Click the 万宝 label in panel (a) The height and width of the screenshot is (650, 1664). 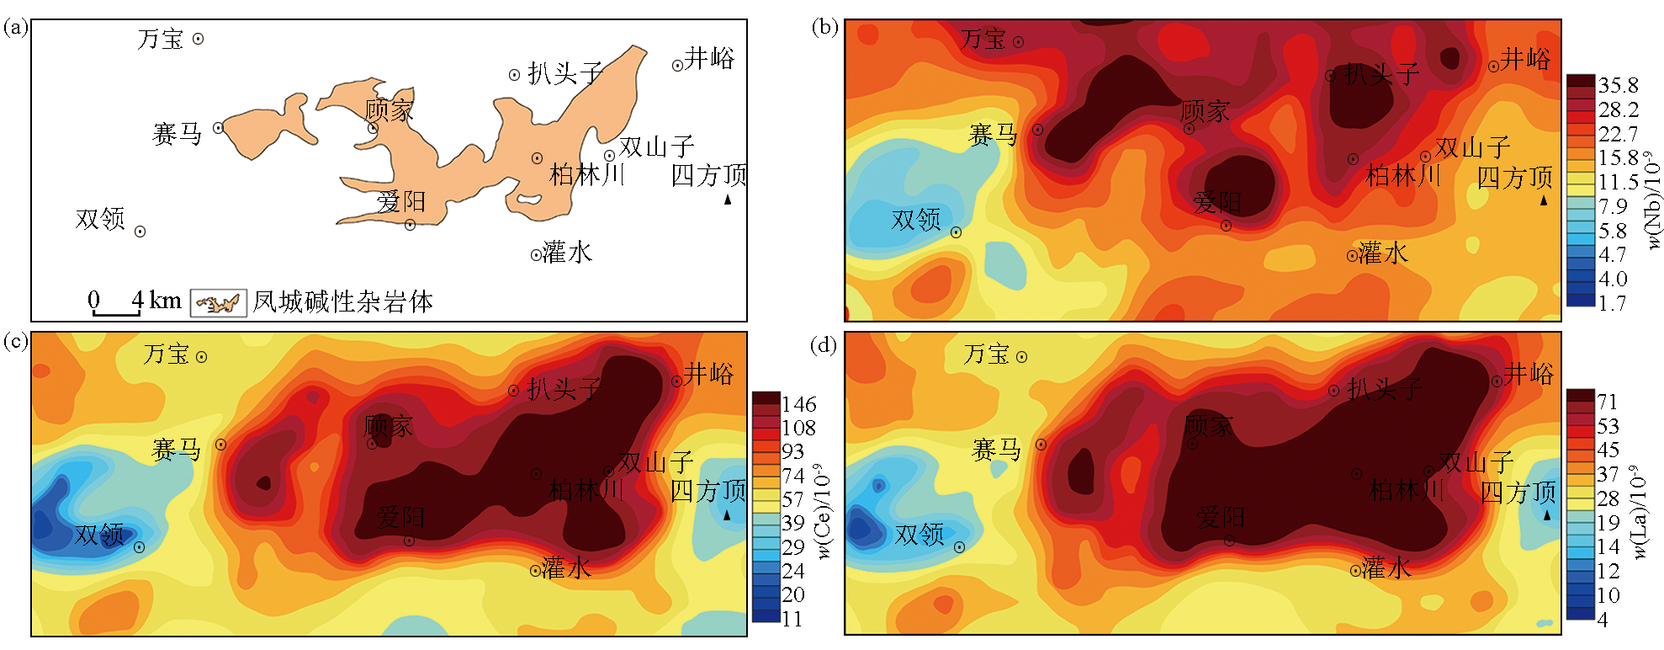[x=160, y=39]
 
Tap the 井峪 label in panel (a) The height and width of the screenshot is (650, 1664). [x=709, y=58]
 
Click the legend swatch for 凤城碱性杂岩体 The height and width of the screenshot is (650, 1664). [x=219, y=303]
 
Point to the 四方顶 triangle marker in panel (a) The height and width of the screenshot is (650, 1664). [x=728, y=200]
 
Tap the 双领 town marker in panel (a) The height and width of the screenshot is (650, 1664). [x=140, y=232]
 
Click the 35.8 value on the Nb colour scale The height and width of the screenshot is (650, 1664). [x=1618, y=85]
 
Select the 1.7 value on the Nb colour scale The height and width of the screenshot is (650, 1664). [x=1612, y=303]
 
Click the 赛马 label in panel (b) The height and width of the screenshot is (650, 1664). [x=993, y=135]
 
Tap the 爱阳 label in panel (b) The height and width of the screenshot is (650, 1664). [x=1216, y=202]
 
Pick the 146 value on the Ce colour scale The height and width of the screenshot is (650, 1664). [x=798, y=404]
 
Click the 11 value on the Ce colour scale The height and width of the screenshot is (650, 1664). [x=792, y=619]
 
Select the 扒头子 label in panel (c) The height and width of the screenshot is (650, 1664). [x=564, y=389]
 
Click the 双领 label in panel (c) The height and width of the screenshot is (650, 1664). [x=99, y=535]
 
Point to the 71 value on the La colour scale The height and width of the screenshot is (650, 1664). [x=1608, y=402]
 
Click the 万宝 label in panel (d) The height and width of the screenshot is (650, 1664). [x=986, y=354]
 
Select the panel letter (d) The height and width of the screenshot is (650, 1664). [x=824, y=344]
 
